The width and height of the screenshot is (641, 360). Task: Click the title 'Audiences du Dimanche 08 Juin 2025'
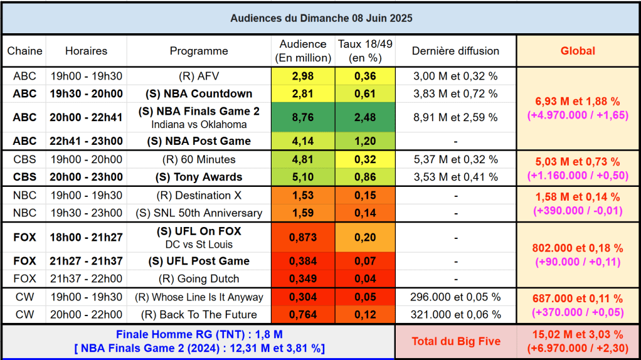point(320,18)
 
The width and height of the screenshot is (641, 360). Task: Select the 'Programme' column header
point(199,51)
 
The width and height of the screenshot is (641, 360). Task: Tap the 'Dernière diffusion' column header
point(455,51)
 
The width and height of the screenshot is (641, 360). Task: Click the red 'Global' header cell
point(577,51)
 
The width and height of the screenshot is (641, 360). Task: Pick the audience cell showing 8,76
point(303,117)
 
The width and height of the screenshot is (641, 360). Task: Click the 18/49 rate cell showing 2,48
point(365,117)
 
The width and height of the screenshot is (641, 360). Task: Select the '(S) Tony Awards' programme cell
point(199,177)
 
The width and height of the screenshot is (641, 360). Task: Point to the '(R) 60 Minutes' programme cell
point(199,159)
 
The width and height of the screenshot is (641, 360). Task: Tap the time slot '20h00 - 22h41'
point(86,117)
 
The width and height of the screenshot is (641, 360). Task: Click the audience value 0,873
point(303,238)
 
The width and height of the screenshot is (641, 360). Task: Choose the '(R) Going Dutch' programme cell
point(199,278)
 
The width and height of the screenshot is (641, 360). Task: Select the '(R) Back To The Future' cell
point(199,314)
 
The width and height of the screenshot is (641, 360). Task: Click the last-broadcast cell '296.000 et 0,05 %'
point(455,297)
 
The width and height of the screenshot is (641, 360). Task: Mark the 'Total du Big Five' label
point(455,341)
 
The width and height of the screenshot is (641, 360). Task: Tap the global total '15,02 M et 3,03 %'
point(578,335)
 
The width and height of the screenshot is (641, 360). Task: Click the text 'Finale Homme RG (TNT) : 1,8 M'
point(199,335)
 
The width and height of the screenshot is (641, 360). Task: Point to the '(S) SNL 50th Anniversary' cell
point(199,213)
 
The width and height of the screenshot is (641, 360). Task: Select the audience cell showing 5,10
point(303,177)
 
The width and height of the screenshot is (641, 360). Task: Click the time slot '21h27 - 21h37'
point(86,261)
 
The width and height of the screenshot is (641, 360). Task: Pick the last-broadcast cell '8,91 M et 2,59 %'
point(455,117)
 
